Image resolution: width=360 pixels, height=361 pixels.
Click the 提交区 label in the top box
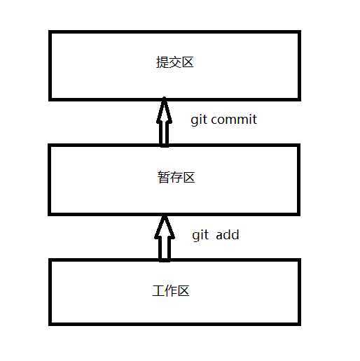click(x=175, y=62)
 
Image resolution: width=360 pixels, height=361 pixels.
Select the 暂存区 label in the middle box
click(x=176, y=177)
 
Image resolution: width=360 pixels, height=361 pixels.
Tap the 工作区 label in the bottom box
click(x=171, y=291)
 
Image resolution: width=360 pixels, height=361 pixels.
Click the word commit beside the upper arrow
click(x=234, y=120)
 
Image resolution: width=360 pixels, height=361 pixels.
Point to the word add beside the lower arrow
click(x=228, y=234)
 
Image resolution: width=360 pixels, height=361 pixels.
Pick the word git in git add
click(x=200, y=235)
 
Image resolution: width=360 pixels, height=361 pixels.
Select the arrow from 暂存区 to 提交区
click(x=164, y=122)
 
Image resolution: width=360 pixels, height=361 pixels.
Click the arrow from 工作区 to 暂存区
click(x=165, y=238)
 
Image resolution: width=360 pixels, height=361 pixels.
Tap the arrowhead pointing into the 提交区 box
click(x=164, y=110)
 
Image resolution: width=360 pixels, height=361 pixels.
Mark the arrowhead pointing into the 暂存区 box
click(x=165, y=226)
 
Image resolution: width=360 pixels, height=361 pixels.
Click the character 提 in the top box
click(x=162, y=62)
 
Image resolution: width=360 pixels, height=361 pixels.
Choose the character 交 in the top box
click(x=175, y=62)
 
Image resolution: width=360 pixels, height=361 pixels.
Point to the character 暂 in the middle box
click(x=164, y=177)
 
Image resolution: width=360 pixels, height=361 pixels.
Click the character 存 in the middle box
click(x=176, y=177)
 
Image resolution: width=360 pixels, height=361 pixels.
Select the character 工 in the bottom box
click(x=158, y=291)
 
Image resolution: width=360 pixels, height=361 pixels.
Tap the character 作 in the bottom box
click(x=171, y=291)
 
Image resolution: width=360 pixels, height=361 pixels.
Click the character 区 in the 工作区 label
click(x=184, y=291)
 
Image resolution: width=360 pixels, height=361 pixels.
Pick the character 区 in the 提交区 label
click(x=188, y=62)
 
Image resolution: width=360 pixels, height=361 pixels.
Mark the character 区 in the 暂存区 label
click(x=189, y=178)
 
